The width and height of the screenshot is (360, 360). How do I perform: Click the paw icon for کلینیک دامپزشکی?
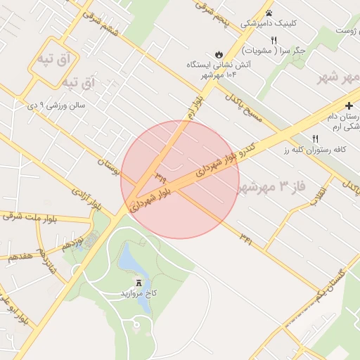pyautogui.click(x=269, y=13)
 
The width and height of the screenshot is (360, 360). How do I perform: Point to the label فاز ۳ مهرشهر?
pyautogui.click(x=272, y=187)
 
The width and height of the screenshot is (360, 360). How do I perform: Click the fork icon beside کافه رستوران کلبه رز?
pyautogui.click(x=315, y=139)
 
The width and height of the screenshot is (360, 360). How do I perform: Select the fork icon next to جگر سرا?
pyautogui.click(x=274, y=40)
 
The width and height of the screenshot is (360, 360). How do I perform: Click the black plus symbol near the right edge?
pyautogui.click(x=349, y=105)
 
